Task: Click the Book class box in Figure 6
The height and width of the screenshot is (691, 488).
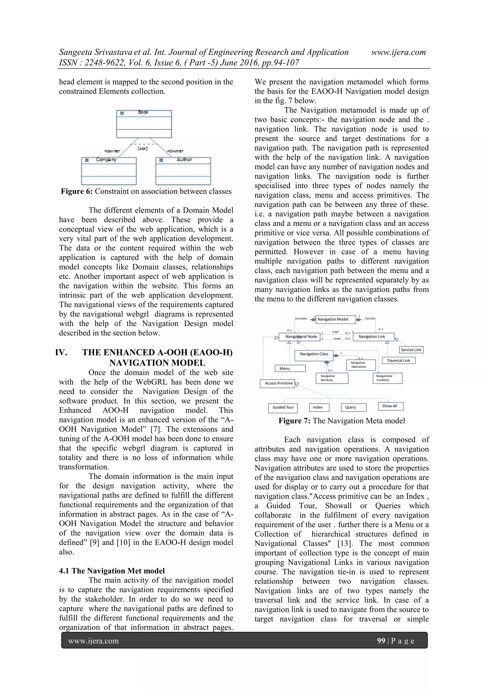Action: [144, 124]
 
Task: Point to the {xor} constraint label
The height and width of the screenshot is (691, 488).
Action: [142, 148]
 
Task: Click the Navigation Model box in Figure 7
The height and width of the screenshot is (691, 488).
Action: [335, 319]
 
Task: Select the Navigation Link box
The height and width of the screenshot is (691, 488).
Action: [373, 337]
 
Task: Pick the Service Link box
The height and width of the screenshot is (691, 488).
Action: [411, 350]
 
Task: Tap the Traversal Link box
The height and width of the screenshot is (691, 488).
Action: [398, 361]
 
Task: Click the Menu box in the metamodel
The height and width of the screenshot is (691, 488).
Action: [290, 368]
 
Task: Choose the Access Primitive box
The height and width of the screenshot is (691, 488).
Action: [278, 383]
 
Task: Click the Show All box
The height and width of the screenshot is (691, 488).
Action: [390, 406]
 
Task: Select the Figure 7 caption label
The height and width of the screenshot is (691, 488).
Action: [341, 421]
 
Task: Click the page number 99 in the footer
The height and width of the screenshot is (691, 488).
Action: [381, 640]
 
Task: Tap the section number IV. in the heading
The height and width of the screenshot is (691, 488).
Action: [61, 353]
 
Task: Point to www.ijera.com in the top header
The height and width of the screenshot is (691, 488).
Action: [398, 52]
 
